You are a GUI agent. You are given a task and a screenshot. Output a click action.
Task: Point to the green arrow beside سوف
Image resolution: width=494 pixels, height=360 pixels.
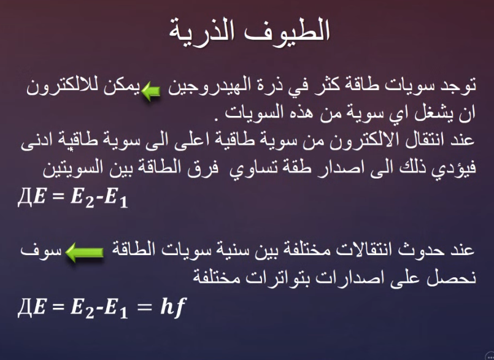click(85, 252)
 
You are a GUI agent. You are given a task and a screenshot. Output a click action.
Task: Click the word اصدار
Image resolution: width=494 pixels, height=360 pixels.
click(329, 168)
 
